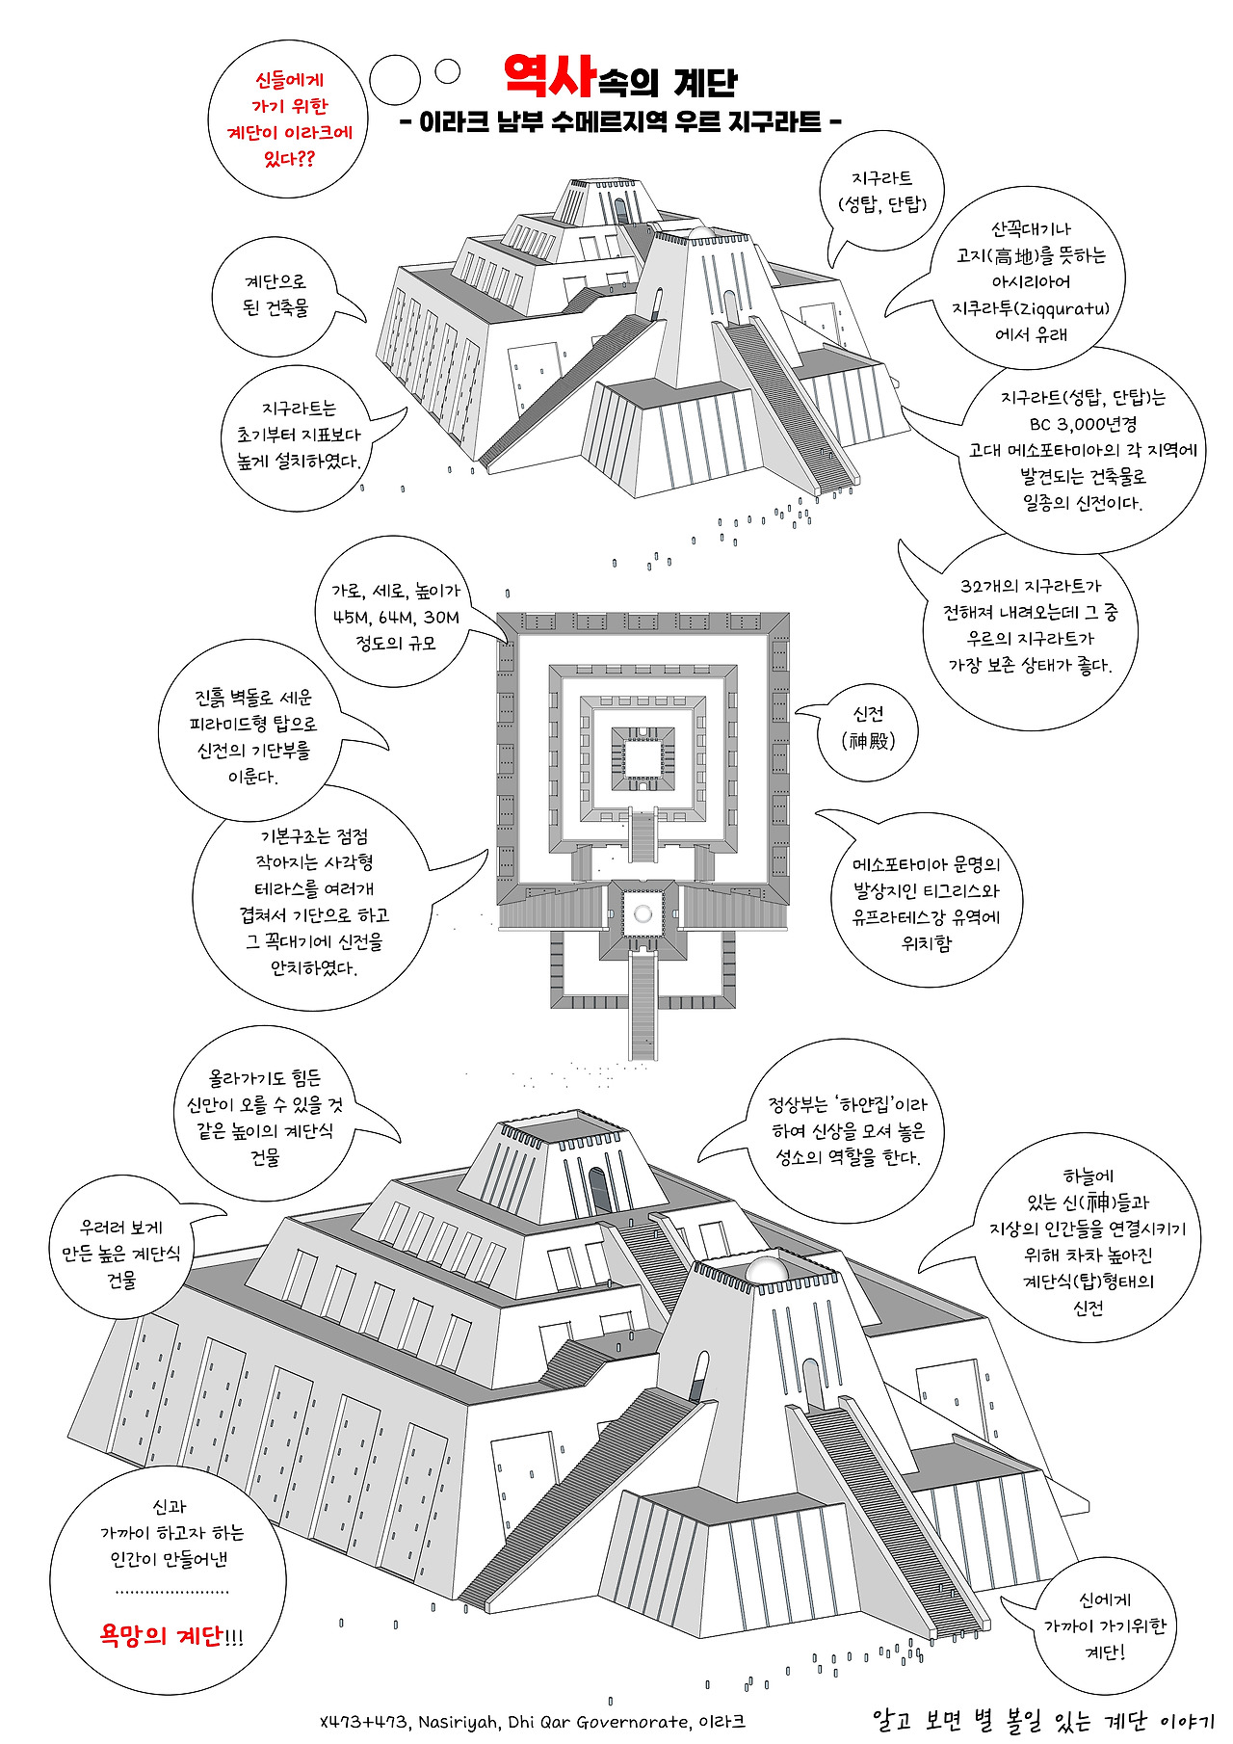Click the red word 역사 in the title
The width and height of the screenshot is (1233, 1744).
click(x=548, y=76)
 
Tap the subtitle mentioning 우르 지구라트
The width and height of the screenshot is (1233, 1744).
click(x=620, y=122)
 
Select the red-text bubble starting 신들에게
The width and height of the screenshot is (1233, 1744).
click(x=289, y=120)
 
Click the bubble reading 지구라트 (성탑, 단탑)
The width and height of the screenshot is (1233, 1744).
click(x=881, y=191)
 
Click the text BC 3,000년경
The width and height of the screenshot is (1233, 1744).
click(x=1083, y=424)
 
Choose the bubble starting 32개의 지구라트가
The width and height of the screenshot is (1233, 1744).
click(x=1030, y=625)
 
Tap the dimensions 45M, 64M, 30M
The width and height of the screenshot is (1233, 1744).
click(x=396, y=618)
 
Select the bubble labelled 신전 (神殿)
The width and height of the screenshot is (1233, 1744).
click(x=868, y=727)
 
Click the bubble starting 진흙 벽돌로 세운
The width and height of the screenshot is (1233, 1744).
click(x=253, y=737)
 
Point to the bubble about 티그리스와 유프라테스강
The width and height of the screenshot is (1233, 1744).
click(x=926, y=904)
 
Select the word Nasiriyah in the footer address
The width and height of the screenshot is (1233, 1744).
click(x=458, y=1722)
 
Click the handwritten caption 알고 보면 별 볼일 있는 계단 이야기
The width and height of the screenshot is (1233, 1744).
click(x=1042, y=1720)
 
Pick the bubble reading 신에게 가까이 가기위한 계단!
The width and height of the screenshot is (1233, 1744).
click(x=1104, y=1625)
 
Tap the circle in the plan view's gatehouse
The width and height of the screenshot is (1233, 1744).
click(x=643, y=913)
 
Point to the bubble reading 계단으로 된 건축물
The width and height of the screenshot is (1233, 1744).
click(x=275, y=295)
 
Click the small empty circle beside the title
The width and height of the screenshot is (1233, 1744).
click(x=448, y=70)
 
